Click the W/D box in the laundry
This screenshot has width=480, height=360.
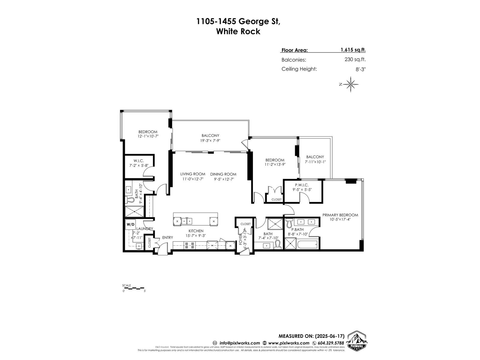pyautogui.click(x=130, y=224)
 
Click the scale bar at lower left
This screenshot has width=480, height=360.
pyautogui.click(x=134, y=288)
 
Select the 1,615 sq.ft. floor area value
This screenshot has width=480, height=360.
pyautogui.click(x=353, y=50)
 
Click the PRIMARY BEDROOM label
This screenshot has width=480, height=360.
pyautogui.click(x=340, y=215)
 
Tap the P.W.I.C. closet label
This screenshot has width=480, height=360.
pyautogui.click(x=301, y=185)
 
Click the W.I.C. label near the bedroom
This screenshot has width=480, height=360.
pyautogui.click(x=139, y=161)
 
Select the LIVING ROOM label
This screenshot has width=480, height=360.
pyautogui.click(x=193, y=174)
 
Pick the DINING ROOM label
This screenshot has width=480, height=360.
pyautogui.click(x=223, y=174)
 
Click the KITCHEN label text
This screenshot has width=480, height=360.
pyautogui.click(x=196, y=231)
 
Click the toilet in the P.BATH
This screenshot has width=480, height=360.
pyautogui.click(x=289, y=222)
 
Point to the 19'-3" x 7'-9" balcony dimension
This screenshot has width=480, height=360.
pyautogui.click(x=210, y=140)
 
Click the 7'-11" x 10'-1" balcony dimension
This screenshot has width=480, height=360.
pyautogui.click(x=315, y=162)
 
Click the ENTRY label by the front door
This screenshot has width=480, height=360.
pyautogui.click(x=167, y=238)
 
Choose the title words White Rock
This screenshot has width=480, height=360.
pyautogui.click(x=238, y=31)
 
